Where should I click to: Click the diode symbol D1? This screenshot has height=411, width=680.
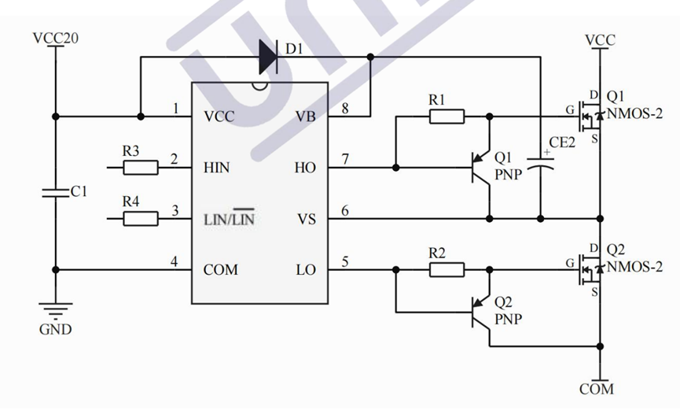point(268,56)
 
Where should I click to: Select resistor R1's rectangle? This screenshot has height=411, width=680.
point(447,117)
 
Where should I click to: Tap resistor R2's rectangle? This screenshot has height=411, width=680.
point(447,270)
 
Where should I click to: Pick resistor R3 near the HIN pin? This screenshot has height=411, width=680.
point(141,167)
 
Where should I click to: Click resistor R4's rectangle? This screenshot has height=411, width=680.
point(141,218)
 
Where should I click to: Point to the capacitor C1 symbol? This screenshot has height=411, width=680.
point(56,192)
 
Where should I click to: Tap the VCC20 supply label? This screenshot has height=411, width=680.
point(56,38)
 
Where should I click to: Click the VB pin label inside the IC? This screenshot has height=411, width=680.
point(306,117)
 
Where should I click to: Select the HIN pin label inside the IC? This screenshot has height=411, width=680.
point(217,168)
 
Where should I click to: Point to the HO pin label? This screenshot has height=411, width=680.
point(306,168)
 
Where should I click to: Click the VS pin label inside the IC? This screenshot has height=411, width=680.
point(306,219)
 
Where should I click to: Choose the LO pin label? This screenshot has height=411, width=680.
point(306,270)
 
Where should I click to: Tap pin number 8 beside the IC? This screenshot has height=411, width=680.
point(344,107)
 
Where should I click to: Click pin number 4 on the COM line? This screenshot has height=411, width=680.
point(175,261)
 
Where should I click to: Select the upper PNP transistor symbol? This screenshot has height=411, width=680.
point(481,167)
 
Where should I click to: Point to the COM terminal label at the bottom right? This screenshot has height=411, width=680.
point(597,389)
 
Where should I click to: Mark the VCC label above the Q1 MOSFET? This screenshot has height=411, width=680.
point(601,39)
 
